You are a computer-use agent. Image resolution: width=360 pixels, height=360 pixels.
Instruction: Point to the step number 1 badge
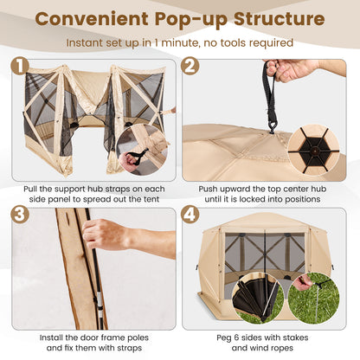(20, 66)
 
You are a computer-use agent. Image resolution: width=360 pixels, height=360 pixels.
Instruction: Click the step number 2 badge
(190, 66)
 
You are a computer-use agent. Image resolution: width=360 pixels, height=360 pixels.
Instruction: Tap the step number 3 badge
(20, 215)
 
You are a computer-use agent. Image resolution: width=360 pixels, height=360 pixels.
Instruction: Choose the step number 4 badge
(190, 215)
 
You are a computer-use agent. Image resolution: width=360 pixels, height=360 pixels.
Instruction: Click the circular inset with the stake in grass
(313, 299)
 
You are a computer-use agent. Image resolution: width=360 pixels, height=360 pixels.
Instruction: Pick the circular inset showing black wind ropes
(259, 299)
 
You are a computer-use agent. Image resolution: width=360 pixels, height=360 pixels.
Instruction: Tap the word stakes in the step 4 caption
(296, 338)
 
